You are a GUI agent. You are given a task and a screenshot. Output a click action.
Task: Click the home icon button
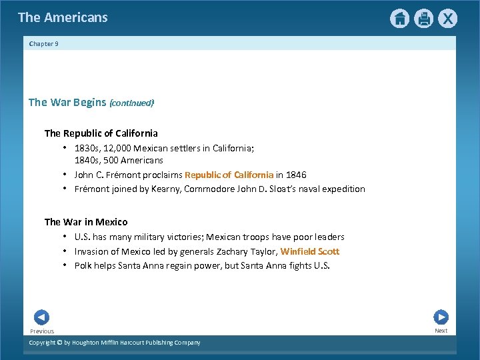click(399, 19)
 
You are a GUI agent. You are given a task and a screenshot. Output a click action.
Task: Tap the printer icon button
click(423, 19)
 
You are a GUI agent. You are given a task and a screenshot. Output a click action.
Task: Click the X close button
click(448, 19)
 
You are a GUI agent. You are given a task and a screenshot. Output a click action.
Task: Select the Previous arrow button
click(41, 317)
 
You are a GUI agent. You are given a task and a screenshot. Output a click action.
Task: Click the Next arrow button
click(441, 317)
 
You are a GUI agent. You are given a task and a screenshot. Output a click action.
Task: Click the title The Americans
click(63, 17)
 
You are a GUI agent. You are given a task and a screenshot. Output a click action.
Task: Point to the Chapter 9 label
click(44, 44)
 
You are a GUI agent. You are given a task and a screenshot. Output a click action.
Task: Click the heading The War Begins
click(67, 102)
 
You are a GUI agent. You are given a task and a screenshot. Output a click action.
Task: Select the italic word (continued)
click(131, 103)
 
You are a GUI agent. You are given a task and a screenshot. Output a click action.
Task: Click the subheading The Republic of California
click(101, 133)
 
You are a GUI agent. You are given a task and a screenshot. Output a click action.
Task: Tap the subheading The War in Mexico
click(86, 222)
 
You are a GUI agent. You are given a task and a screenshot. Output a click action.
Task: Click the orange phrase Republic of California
click(229, 175)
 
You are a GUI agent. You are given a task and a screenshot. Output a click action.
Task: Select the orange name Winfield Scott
click(310, 251)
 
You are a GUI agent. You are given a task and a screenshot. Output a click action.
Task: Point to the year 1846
click(296, 175)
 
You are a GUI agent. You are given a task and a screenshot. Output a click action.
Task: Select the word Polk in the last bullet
click(83, 265)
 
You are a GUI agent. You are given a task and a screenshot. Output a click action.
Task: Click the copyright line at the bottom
click(114, 343)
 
